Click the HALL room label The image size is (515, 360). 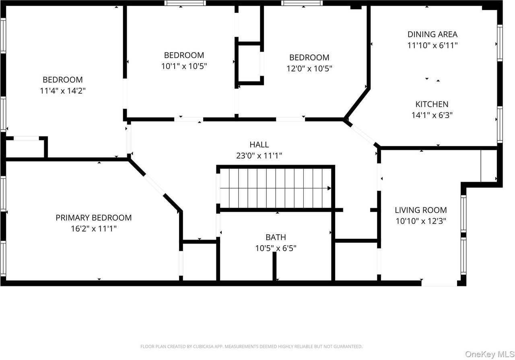[x=259, y=145]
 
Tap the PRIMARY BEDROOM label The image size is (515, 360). [x=94, y=217]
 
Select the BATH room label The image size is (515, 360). [x=276, y=237]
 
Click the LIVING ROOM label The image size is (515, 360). [x=421, y=210]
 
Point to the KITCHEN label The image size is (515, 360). [x=432, y=104]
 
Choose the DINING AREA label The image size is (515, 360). [x=433, y=34]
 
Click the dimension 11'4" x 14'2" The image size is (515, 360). [x=63, y=91]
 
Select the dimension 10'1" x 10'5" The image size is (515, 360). [x=184, y=66]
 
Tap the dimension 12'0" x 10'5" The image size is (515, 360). [x=309, y=68]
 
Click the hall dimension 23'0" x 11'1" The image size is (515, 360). [x=259, y=155]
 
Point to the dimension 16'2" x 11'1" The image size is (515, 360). [x=94, y=229]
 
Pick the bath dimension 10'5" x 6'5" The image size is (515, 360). [x=276, y=248]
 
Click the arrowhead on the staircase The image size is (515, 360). [x=329, y=188]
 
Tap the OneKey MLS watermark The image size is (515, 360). [x=490, y=354]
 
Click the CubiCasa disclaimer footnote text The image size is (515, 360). [x=251, y=346]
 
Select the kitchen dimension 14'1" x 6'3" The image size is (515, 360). [x=432, y=115]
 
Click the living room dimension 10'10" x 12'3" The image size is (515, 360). [x=421, y=221]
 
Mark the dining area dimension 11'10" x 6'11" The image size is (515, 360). [x=433, y=46]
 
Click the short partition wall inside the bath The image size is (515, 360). [x=274, y=266]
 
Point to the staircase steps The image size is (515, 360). [x=276, y=188]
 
